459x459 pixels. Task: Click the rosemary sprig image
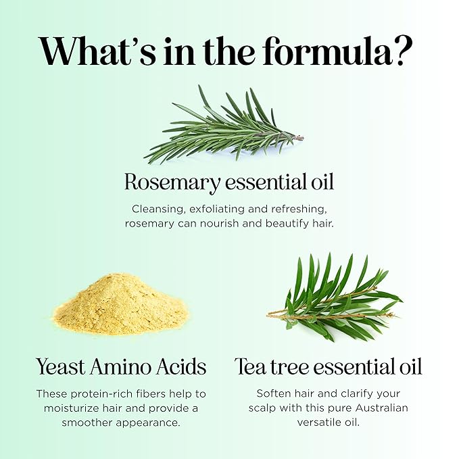pyautogui.click(x=224, y=125)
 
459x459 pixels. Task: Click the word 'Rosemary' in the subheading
pyautogui.click(x=172, y=183)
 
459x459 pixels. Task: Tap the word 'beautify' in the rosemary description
pyautogui.click(x=287, y=224)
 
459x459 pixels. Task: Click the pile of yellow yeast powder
pyautogui.click(x=121, y=304)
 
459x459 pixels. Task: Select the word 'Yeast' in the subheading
pyautogui.click(x=61, y=367)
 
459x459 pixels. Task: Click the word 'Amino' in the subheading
pyautogui.click(x=120, y=367)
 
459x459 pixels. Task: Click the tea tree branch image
pyautogui.click(x=335, y=297)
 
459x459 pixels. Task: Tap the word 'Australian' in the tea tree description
pyautogui.click(x=382, y=408)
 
